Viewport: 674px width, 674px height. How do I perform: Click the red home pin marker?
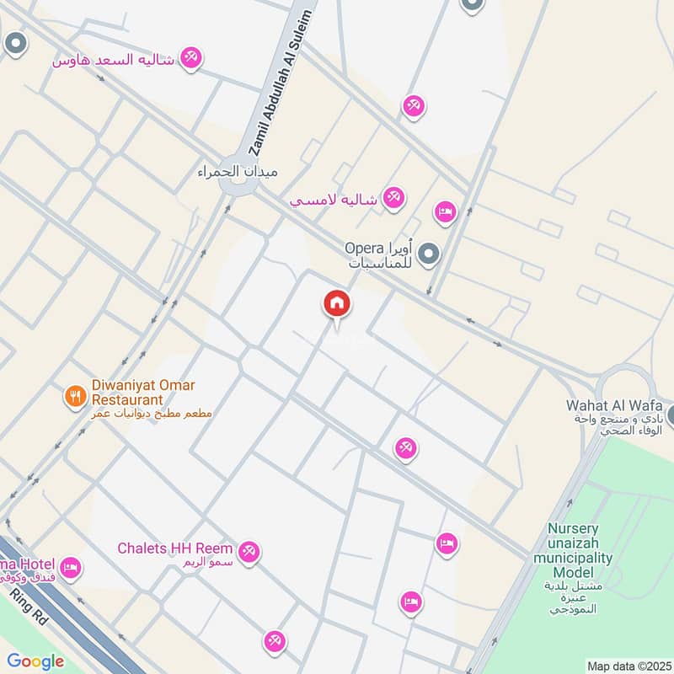pos(336,303)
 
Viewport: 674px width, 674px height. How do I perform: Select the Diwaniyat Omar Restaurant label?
pos(143,392)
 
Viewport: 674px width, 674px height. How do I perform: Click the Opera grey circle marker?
pos(430,253)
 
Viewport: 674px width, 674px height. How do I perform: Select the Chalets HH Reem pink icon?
pos(249,553)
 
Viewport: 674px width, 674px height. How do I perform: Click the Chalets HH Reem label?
pos(174,548)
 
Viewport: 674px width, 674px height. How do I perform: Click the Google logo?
pos(36,661)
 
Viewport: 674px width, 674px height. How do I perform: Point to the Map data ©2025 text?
pos(627,666)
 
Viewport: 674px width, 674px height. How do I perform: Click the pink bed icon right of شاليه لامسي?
pos(445,212)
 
